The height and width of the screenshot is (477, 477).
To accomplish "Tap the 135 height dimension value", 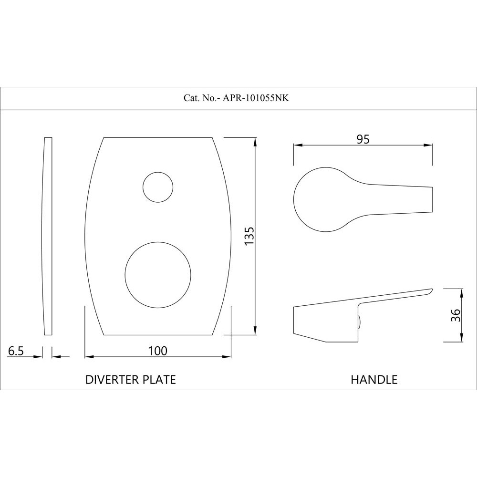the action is pos(249,236).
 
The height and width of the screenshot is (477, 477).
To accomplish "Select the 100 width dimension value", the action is pos(157,351).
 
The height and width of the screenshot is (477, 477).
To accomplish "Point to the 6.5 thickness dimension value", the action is pos(16,351).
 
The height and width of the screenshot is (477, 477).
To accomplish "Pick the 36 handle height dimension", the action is pos(456,315).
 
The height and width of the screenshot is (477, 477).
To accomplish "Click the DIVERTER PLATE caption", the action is pos(131,380).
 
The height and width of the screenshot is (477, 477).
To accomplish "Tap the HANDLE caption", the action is pos(374,380).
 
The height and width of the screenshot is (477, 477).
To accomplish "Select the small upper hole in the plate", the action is pos(158,187).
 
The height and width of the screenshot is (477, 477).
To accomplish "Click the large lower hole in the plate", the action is pos(158,275).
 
